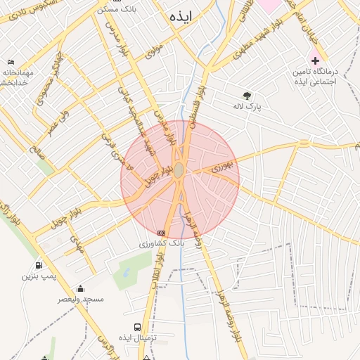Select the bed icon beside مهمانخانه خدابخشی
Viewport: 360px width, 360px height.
(10, 62)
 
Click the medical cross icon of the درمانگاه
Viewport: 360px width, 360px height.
(315, 60)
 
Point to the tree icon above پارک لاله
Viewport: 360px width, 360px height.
(247, 96)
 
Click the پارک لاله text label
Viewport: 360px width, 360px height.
(247, 107)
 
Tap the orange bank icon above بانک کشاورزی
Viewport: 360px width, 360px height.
(162, 233)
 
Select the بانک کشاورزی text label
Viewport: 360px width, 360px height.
(162, 243)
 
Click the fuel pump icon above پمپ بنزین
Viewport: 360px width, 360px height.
(37, 266)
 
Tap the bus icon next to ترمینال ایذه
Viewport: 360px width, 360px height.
(136, 327)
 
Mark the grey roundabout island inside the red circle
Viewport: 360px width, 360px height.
(179, 171)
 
